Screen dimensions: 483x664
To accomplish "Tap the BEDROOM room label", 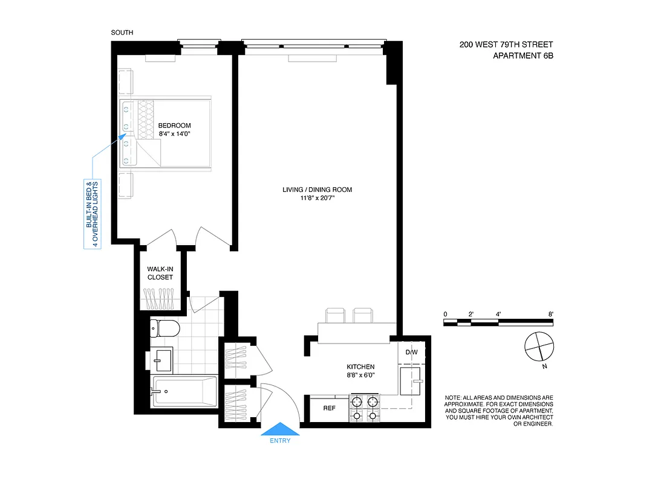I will pyautogui.click(x=174, y=126).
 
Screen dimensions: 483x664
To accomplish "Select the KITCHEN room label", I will pyautogui.click(x=360, y=366).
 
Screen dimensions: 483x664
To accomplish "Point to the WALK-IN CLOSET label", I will pyautogui.click(x=160, y=273).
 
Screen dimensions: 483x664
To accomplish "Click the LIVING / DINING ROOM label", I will pyautogui.click(x=317, y=190).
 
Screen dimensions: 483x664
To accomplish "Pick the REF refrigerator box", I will pyautogui.click(x=329, y=408).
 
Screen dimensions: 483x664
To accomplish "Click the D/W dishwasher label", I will pyautogui.click(x=411, y=352).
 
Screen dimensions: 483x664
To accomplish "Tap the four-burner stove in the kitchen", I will pyautogui.click(x=365, y=408).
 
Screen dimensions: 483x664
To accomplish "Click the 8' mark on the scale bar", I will pyautogui.click(x=551, y=314).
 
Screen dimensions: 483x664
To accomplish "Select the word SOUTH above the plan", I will pyautogui.click(x=122, y=33).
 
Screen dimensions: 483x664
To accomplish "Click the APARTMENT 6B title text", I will pyautogui.click(x=523, y=56).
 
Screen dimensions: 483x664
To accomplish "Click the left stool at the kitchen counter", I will pyautogui.click(x=334, y=316).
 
